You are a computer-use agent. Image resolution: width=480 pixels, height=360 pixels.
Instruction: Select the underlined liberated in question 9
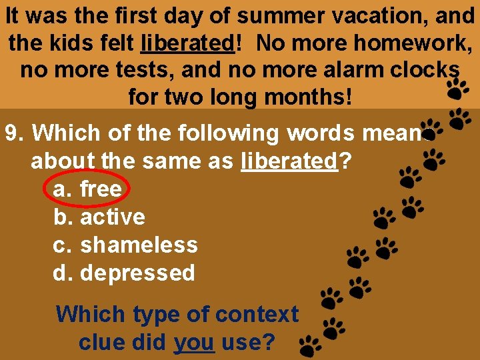pyautogui.click(x=290, y=161)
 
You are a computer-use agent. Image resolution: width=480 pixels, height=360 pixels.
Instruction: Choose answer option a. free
pyautogui.click(x=87, y=189)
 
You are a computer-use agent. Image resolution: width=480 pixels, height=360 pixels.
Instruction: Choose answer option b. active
pyautogui.click(x=99, y=217)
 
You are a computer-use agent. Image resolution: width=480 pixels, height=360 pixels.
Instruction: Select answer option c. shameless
pyautogui.click(x=125, y=245)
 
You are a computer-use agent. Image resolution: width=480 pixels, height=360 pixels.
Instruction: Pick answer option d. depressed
pyautogui.click(x=123, y=273)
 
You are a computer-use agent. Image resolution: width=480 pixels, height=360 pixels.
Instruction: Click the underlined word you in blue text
pyautogui.click(x=193, y=343)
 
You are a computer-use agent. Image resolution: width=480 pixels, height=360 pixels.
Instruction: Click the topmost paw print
pyautogui.click(x=457, y=87)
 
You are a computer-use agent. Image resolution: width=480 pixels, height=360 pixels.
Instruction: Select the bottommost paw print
pyautogui.click(x=309, y=346)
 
